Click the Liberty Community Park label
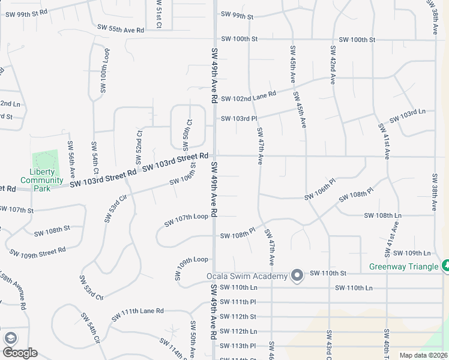(x=42, y=180)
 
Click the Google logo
(x=20, y=353)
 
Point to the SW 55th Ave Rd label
(x=121, y=29)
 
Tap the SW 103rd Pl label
(x=239, y=118)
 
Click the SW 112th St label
(x=238, y=316)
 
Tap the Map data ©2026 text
(x=423, y=355)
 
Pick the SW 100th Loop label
(x=104, y=71)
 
